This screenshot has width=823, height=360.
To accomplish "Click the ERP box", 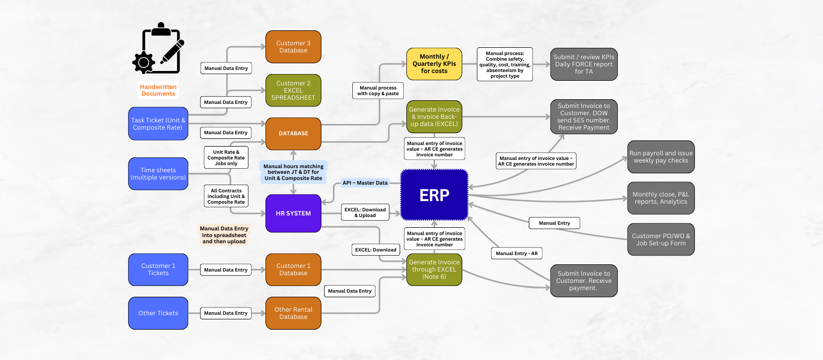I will point(434,195).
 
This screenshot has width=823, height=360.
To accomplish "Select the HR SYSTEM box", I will point(293,213).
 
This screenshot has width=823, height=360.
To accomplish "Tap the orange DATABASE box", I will point(293,133).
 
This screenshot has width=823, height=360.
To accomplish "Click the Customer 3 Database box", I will point(293,47).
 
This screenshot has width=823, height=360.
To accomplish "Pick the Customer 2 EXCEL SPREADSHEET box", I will point(293,91).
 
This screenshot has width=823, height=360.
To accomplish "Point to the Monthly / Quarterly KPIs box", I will point(434,64).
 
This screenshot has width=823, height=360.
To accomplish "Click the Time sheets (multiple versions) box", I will point(158,174).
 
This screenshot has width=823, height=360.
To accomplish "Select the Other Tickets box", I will point(158,313).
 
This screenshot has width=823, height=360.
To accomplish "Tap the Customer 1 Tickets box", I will point(158,269).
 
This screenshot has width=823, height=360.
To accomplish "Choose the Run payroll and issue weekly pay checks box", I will point(661,157).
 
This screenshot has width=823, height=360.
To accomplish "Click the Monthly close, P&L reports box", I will point(661,198).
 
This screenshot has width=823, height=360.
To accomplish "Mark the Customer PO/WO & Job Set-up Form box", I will point(661,240).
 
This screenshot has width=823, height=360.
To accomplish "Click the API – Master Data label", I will point(365,183).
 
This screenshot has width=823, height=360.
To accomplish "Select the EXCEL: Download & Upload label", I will point(365,212).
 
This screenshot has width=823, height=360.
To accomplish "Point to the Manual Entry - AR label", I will point(516,254).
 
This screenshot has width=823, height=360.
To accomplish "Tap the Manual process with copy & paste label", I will point(378,91).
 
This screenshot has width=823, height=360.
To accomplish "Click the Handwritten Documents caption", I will point(158,91).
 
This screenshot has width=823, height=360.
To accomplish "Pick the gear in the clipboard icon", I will point(144,63).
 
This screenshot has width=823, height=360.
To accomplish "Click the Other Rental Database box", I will point(293,313).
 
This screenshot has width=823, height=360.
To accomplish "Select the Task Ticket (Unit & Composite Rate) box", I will point(158,124).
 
